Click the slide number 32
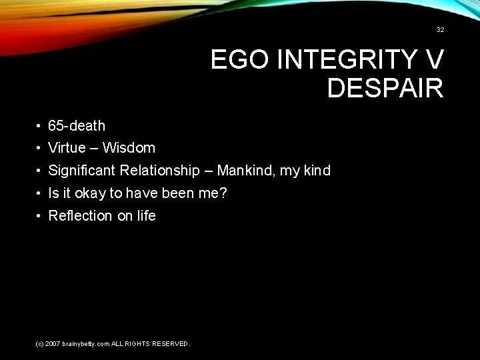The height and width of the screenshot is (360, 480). coord(440,30)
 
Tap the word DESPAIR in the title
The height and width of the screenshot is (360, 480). coord(385,88)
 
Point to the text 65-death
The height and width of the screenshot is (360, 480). coord(77,125)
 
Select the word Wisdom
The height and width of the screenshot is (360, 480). coord(129,148)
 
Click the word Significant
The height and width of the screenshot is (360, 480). coord(82,171)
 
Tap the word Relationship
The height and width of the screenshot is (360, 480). coord(159,171)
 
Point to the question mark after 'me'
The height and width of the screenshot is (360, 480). coord(224,193)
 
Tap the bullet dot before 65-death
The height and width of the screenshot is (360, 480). coord(40,126)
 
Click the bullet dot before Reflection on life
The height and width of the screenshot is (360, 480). coord(40,216)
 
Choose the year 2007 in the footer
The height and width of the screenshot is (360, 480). coord(53,344)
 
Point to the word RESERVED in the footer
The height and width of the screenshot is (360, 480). coord(169,344)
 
